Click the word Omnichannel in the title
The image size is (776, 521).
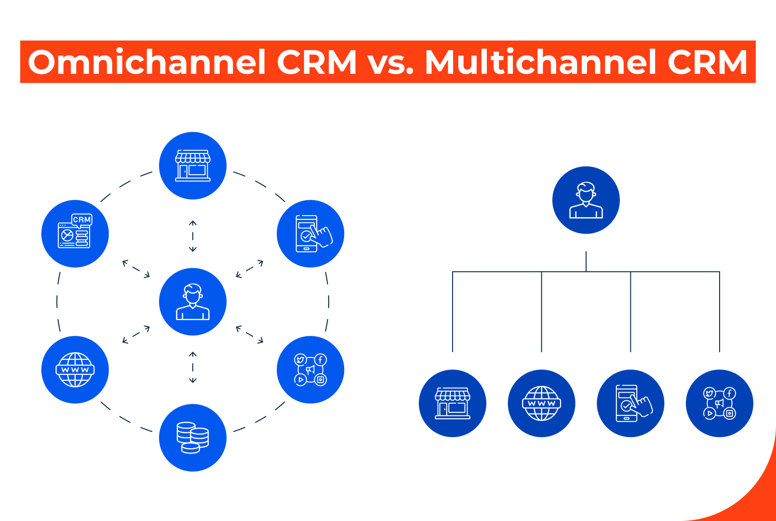point(147,62)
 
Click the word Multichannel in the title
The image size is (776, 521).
point(540,62)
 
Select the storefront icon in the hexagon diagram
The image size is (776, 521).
point(193,165)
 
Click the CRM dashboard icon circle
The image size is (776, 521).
point(75,233)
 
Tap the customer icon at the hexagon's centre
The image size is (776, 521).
point(193,302)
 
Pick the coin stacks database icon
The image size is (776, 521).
point(193,438)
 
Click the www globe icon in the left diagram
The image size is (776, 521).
point(75,370)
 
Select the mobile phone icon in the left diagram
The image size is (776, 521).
point(310,233)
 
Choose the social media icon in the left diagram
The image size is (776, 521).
point(310,370)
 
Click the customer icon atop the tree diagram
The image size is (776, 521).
point(586,200)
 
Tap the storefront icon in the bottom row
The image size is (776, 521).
point(453,403)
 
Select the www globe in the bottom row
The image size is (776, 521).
point(541,403)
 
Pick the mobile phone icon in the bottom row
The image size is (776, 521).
point(630,403)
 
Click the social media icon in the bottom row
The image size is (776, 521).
point(719,403)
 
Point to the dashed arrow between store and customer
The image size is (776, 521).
point(193,236)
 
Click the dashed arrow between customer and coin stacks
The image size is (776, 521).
point(193,367)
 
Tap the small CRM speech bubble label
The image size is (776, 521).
point(82,219)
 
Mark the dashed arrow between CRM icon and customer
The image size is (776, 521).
point(136,269)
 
